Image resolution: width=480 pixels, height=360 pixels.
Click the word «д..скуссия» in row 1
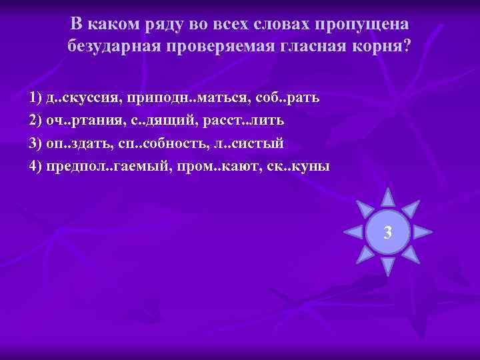pos(75,98)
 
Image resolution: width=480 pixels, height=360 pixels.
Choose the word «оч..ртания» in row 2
pos(77,121)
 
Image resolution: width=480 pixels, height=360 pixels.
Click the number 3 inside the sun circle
pos(388,233)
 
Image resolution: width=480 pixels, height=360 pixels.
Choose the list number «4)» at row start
pos(37,166)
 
